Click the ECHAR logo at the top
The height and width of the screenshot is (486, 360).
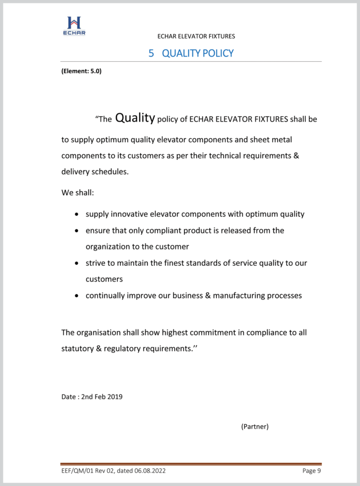click(x=74, y=25)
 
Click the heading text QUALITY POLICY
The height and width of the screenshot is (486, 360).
click(x=198, y=53)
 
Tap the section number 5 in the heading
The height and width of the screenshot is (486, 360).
click(x=151, y=53)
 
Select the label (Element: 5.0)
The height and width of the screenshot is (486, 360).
click(x=81, y=72)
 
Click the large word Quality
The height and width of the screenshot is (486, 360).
click(x=135, y=118)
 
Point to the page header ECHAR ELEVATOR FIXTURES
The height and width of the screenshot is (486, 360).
click(x=196, y=36)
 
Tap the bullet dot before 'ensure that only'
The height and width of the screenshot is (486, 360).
click(x=77, y=231)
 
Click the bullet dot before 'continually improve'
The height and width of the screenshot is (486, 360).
click(x=77, y=296)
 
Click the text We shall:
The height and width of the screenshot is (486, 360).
click(x=78, y=193)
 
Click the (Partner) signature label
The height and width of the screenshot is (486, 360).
click(x=255, y=426)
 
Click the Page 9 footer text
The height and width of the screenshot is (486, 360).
click(x=312, y=471)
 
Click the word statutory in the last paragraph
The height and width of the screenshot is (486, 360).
click(x=77, y=348)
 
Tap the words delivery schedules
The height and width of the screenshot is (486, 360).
click(x=95, y=172)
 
